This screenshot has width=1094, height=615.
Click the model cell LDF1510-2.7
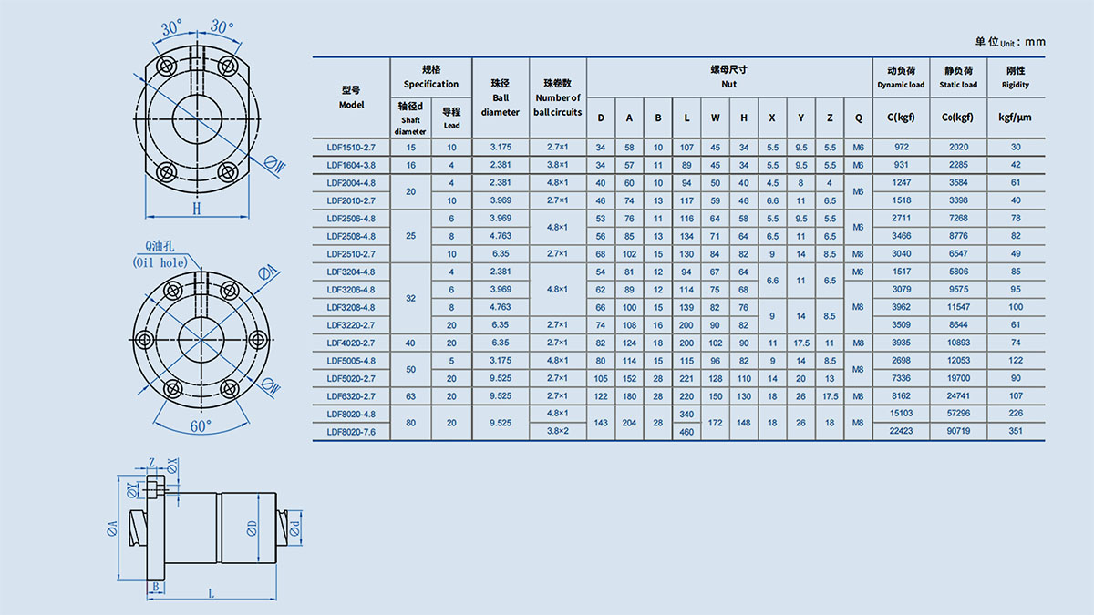pyautogui.click(x=351, y=148)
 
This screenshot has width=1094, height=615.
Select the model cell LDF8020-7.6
pyautogui.click(x=351, y=432)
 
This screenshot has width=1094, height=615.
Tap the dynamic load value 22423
pyautogui.click(x=901, y=431)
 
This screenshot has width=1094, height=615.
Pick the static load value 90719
pyautogui.click(x=958, y=431)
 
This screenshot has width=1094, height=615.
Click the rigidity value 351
pyautogui.click(x=1016, y=431)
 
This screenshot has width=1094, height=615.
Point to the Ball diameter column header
pyautogui.click(x=501, y=97)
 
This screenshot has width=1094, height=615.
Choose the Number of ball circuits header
pyautogui.click(x=558, y=97)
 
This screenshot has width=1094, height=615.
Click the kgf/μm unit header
pyautogui.click(x=1015, y=118)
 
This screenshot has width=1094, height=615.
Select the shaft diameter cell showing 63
pyautogui.click(x=410, y=396)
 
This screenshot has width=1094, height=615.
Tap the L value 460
pyautogui.click(x=686, y=432)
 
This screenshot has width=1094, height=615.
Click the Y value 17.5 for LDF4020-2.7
pyautogui.click(x=801, y=343)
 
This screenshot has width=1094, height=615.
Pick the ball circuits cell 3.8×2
pyautogui.click(x=557, y=431)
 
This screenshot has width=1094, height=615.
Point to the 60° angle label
pyautogui.click(x=201, y=426)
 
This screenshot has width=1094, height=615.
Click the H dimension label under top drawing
pyautogui.click(x=196, y=209)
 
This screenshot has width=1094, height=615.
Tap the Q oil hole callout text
pyautogui.click(x=160, y=254)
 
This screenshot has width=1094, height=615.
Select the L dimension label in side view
pyautogui.click(x=212, y=593)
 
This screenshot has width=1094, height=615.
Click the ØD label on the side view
pyautogui.click(x=252, y=528)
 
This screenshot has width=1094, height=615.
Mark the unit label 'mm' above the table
pyautogui.click(x=1035, y=42)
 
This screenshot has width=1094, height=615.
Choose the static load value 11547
pyautogui.click(x=958, y=307)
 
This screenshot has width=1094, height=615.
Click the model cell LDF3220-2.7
pyautogui.click(x=351, y=325)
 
